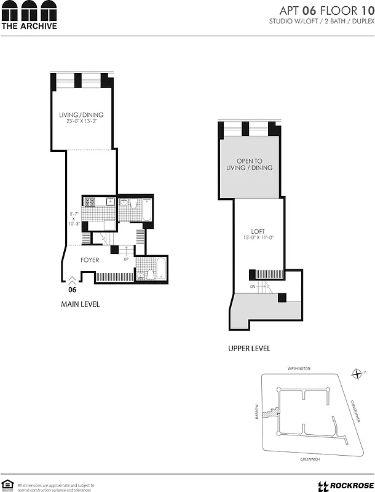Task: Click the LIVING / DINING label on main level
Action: (81, 115)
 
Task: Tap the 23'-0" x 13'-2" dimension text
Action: (81, 122)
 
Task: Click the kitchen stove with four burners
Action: (90, 202)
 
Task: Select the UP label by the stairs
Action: (125, 259)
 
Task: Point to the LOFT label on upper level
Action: (258, 231)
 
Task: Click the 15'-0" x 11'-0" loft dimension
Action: (258, 238)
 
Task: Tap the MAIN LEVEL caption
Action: (80, 304)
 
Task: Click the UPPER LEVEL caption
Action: (249, 349)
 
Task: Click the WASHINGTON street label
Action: (299, 368)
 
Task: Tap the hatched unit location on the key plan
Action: (267, 413)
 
